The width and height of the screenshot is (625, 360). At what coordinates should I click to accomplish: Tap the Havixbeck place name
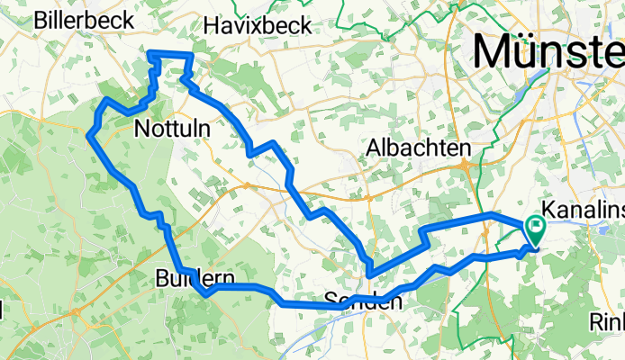(x=258, y=25)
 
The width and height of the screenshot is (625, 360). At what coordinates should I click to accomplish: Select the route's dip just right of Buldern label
(x=207, y=292)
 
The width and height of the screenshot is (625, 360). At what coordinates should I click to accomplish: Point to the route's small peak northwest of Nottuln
(x=108, y=100)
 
